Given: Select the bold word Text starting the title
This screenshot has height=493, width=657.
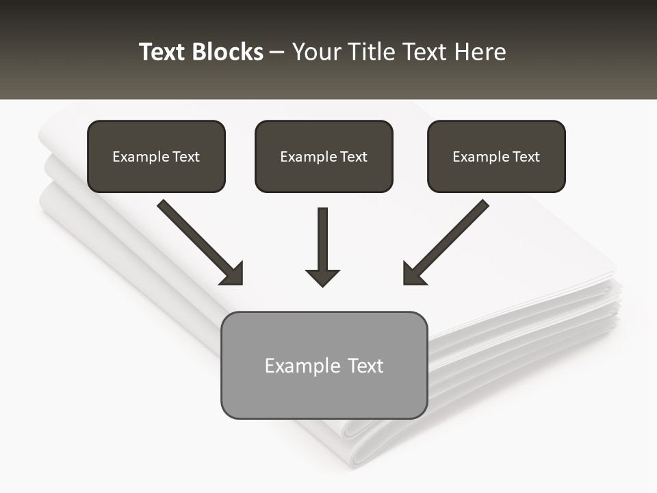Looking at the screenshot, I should [163, 52].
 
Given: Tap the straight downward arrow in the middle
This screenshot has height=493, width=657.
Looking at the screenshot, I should [322, 240].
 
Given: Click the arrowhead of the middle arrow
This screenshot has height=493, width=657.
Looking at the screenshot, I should [322, 277].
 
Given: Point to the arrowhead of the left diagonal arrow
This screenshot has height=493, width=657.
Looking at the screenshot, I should [233, 274].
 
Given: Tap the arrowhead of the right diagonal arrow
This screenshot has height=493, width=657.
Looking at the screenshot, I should [413, 274].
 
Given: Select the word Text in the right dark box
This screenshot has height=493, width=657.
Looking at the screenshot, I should [526, 157].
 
